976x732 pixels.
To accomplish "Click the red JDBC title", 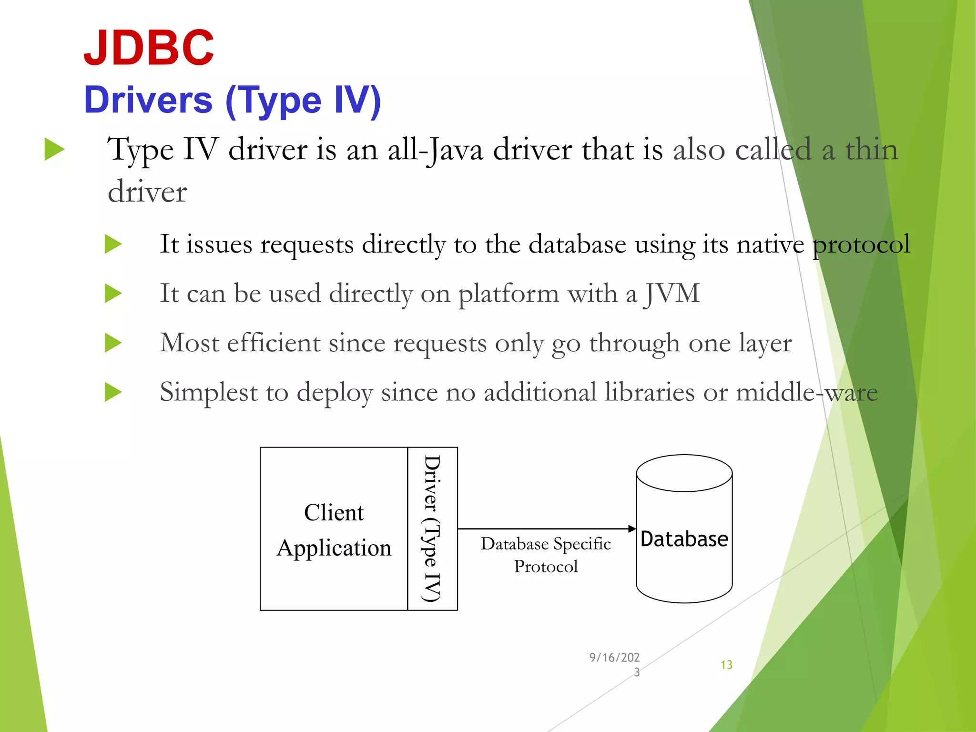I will [x=149, y=48].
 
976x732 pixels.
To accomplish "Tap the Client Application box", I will [x=334, y=529].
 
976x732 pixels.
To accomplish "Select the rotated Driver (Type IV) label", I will [x=432, y=529].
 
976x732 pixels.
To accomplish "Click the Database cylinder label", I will [x=684, y=539].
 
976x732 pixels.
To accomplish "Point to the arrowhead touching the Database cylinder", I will [x=632, y=529].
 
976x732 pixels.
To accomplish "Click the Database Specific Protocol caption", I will [x=546, y=555].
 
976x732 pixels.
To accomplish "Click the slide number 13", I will [x=726, y=665].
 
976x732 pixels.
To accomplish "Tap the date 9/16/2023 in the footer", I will [x=615, y=664].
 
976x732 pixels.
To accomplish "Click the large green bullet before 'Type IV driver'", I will [x=54, y=149].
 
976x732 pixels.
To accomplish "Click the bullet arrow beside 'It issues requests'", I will [x=113, y=244].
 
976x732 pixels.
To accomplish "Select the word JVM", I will [x=672, y=293].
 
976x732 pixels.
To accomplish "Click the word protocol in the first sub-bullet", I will [x=861, y=244].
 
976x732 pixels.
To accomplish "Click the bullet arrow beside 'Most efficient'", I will [x=113, y=343].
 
